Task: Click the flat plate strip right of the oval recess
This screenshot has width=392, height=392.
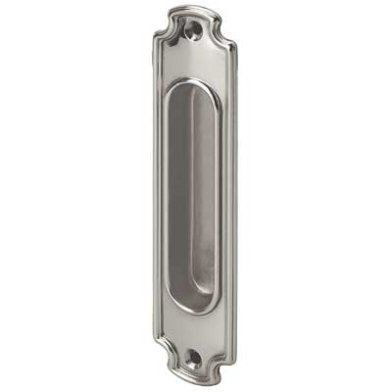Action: (226, 196)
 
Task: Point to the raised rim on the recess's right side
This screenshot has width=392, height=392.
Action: (219, 196)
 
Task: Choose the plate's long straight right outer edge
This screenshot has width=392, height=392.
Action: (235, 196)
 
